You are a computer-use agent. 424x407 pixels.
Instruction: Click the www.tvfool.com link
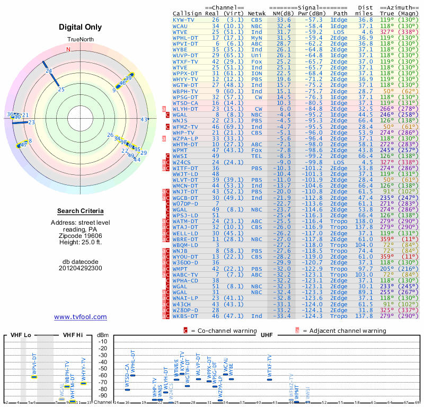tap(81, 317)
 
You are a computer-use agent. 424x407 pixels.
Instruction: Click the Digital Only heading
tap(81, 27)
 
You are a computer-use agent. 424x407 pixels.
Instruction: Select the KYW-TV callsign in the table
tap(184, 19)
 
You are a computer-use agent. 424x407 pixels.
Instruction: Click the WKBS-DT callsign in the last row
tap(185, 316)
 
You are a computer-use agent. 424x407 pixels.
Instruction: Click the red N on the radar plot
tap(68, 49)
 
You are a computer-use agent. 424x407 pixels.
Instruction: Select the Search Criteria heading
tap(81, 211)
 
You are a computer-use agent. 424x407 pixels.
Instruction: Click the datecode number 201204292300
tap(81, 268)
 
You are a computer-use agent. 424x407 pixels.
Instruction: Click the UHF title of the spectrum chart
tap(267, 335)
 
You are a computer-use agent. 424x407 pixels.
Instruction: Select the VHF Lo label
tap(21, 335)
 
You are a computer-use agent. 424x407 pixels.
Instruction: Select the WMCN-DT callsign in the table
tap(185, 185)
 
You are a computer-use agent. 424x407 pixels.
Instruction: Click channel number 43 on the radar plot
tap(144, 119)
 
